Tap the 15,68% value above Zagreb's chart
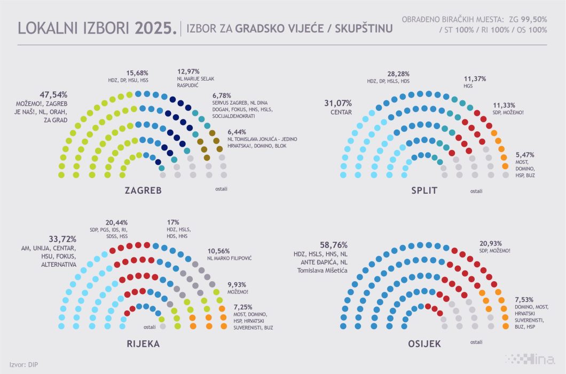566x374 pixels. tap(137, 73)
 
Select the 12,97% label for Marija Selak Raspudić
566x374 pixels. tap(190, 73)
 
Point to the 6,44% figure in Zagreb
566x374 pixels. tap(238, 131)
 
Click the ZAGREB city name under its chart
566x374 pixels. tap(143, 191)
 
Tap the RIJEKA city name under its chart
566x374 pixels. tap(143, 344)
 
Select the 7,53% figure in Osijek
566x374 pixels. tap(525, 299)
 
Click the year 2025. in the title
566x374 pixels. tap(154, 29)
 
